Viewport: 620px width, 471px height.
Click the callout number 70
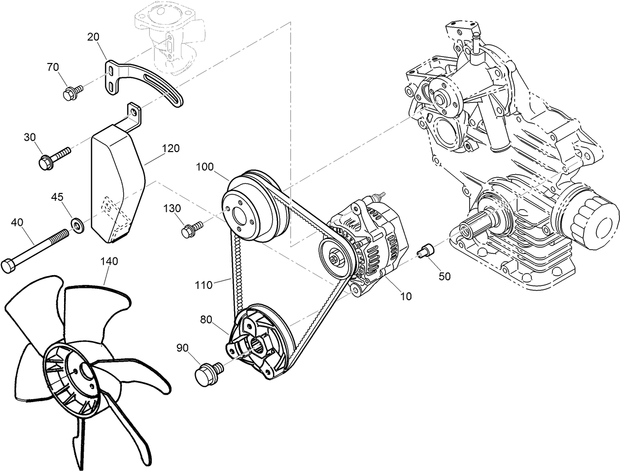point(53,67)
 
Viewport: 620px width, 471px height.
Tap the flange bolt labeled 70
point(70,93)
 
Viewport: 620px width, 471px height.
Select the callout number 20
point(94,36)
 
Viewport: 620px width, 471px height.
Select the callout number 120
point(171,148)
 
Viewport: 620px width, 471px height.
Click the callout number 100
point(205,167)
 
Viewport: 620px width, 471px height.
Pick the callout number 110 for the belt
point(203,284)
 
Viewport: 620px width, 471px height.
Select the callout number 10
point(406,296)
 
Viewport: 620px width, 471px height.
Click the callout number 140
point(109,261)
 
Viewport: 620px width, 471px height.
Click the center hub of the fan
point(87,372)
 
